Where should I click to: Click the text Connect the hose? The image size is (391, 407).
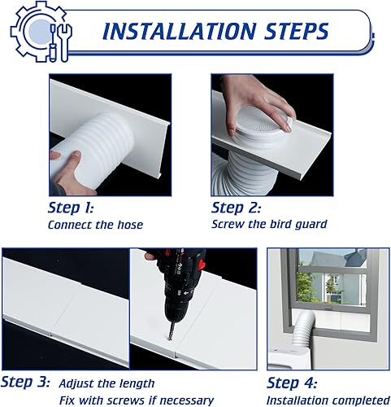(x=95, y=225)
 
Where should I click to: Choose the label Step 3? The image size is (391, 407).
(x=25, y=382)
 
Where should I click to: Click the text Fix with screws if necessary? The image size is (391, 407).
(x=136, y=399)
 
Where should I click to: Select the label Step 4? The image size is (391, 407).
(x=293, y=382)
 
